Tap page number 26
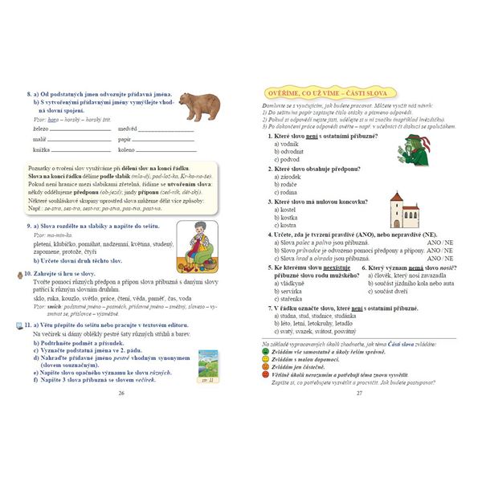[x=121, y=393]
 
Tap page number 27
[x=360, y=393]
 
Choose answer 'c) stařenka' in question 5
[x=291, y=298]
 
